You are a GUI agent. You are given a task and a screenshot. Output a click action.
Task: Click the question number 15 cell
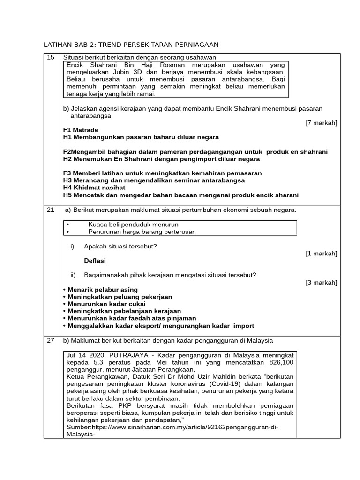[x=50, y=57]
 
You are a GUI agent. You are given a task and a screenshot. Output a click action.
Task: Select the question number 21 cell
[x=50, y=210]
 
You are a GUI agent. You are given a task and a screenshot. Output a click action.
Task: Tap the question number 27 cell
[x=50, y=340]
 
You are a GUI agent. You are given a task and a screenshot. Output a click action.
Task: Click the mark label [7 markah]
[x=321, y=123]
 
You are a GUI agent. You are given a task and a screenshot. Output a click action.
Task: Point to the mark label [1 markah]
[x=321, y=254]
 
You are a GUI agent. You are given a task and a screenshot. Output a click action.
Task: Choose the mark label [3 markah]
[x=321, y=282]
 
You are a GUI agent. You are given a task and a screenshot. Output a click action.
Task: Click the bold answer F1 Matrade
[x=81, y=130]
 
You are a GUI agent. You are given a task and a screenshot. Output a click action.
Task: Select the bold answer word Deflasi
[x=95, y=261]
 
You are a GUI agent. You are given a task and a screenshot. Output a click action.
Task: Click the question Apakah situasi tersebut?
[x=120, y=246]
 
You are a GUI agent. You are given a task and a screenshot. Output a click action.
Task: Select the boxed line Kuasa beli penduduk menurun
[x=133, y=225]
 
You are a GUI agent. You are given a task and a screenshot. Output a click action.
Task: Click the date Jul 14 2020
[x=86, y=355]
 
